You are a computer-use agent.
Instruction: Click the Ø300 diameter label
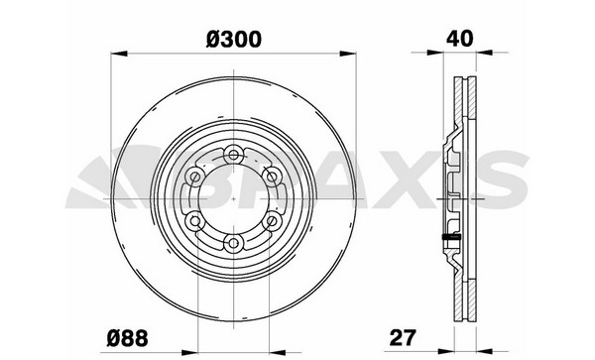[x=234, y=40]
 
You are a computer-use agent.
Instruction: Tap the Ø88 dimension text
[x=127, y=338]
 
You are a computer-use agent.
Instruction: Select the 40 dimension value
[x=460, y=39]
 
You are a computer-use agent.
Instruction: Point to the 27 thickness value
[x=403, y=337]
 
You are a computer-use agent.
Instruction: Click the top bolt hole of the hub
[x=233, y=155]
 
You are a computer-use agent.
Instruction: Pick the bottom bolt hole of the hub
[x=233, y=242]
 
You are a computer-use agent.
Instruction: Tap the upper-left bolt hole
[x=195, y=177]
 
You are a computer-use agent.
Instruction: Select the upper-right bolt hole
[x=272, y=177]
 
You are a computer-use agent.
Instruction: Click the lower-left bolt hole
[x=195, y=220]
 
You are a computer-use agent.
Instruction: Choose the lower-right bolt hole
[x=272, y=220]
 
